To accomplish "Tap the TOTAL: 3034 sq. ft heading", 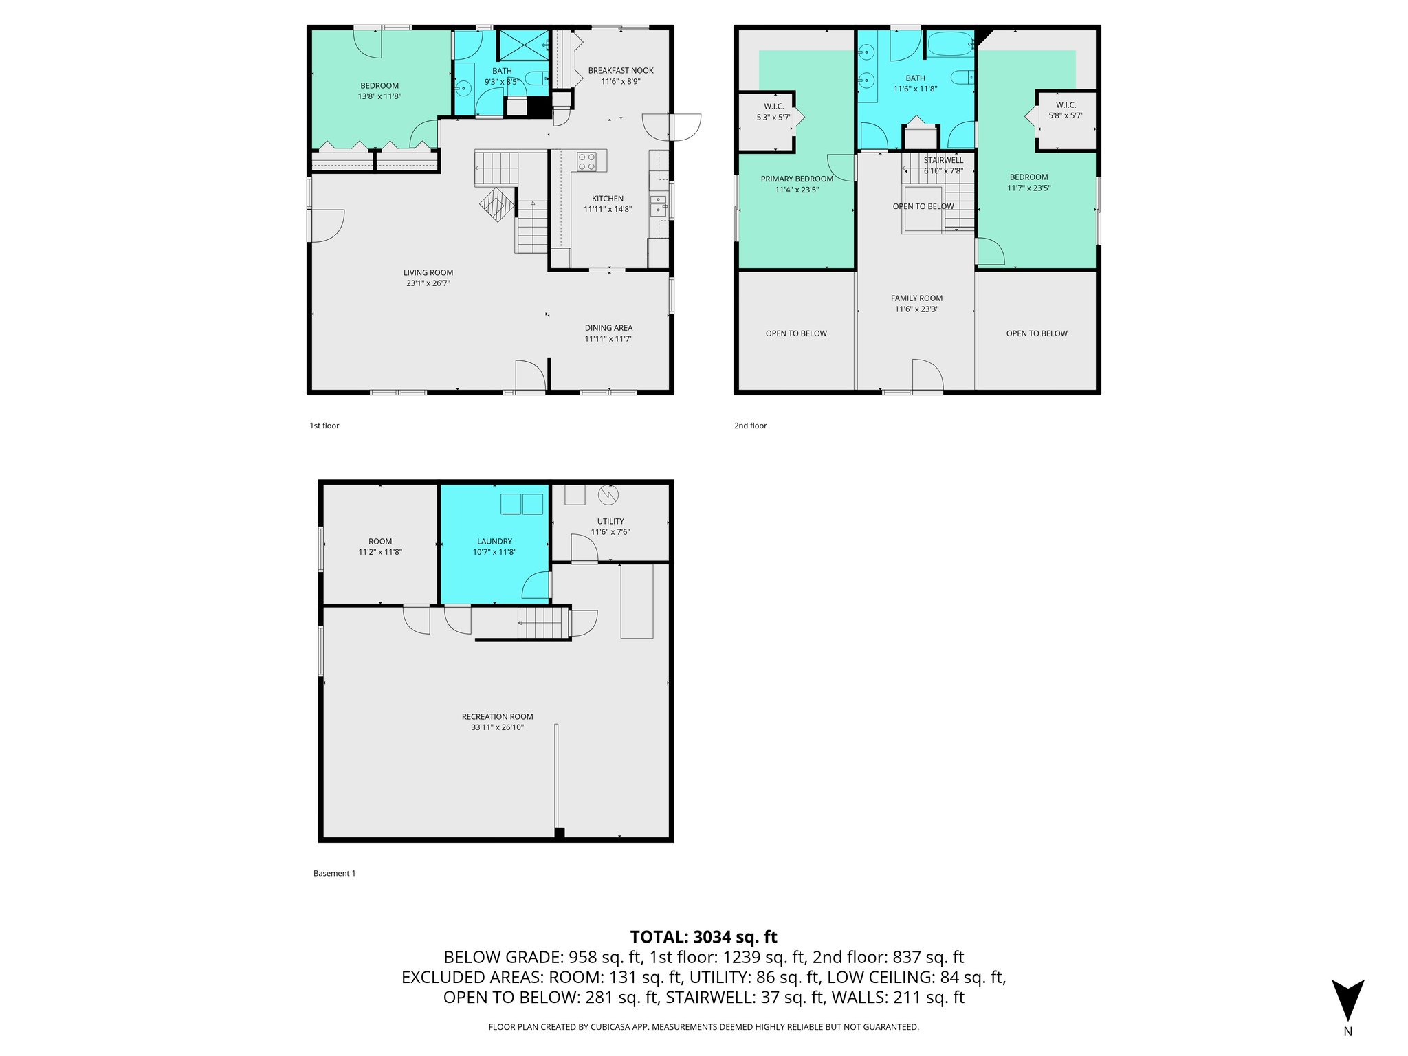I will click(x=703, y=937).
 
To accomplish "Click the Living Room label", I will click(x=428, y=273).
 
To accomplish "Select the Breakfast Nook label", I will click(x=621, y=71).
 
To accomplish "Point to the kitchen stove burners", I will click(x=586, y=162).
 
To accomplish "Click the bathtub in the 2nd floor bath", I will click(x=949, y=45).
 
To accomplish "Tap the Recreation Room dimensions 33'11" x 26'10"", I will click(x=497, y=727).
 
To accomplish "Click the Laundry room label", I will click(x=494, y=542).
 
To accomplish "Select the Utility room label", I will click(x=610, y=522).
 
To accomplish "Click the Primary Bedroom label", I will click(x=797, y=179).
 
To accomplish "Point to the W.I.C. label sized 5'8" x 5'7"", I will click(x=1066, y=111).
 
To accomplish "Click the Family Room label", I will click(x=916, y=298).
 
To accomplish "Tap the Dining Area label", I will click(x=608, y=328).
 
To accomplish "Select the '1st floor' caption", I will click(x=324, y=426).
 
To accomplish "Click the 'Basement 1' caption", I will click(x=334, y=874).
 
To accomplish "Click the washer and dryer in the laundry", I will click(x=522, y=504).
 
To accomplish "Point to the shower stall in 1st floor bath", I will click(x=523, y=45).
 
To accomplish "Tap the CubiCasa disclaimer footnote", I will click(x=703, y=1027).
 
